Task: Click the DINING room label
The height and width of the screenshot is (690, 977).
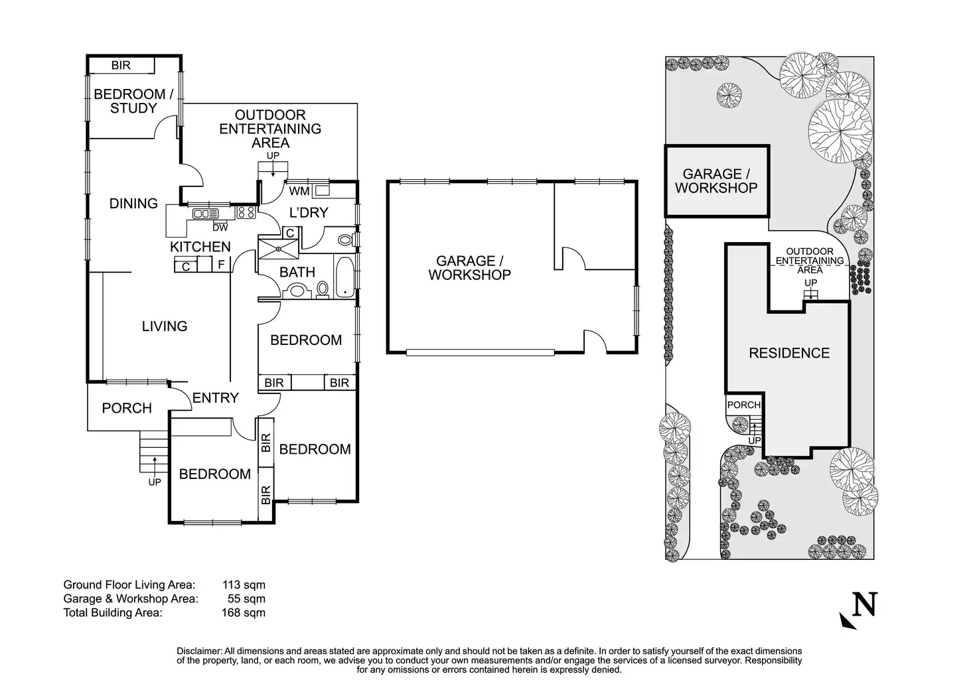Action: coord(133,204)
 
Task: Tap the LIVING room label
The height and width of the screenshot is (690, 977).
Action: coord(165,326)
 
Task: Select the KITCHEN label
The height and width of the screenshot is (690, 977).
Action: coord(200,247)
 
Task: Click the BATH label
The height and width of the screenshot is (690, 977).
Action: coord(297,272)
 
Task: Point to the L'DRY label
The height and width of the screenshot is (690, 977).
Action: coord(309,213)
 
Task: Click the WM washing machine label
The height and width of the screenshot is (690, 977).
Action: coord(300,191)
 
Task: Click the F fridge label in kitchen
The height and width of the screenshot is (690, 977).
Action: coord(222,265)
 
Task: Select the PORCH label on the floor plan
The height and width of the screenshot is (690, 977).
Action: coord(127,408)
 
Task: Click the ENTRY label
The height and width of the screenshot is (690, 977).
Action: coord(216,397)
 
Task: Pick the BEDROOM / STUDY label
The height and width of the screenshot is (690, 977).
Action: coord(133,101)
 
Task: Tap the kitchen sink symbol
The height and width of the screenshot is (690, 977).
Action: coord(205,214)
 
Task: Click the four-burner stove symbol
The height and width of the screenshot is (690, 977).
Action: coord(246,212)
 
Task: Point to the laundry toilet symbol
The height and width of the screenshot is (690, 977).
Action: coord(345,240)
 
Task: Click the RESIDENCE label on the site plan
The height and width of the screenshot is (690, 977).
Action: coord(789,353)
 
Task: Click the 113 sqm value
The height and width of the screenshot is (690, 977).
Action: coord(243,585)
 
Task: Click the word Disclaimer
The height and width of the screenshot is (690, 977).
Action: coord(198,651)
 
